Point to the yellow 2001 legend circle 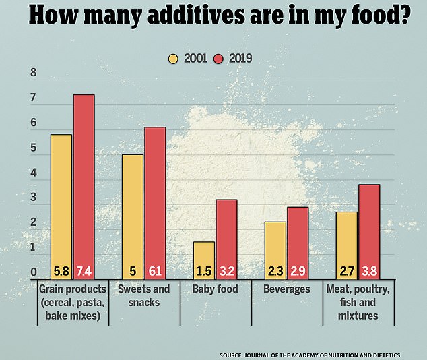(x=172, y=59)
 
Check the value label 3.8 (x=368, y=272)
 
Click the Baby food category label (x=214, y=289)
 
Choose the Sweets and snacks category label (x=143, y=295)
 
